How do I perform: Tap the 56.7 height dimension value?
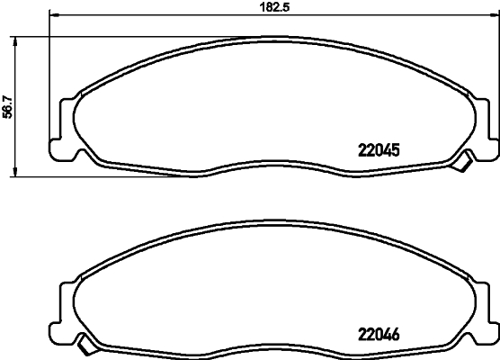tap(8, 106)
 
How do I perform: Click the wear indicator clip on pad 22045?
tap(465, 162)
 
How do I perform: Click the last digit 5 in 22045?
tap(394, 151)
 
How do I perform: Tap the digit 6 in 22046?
tap(394, 329)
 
